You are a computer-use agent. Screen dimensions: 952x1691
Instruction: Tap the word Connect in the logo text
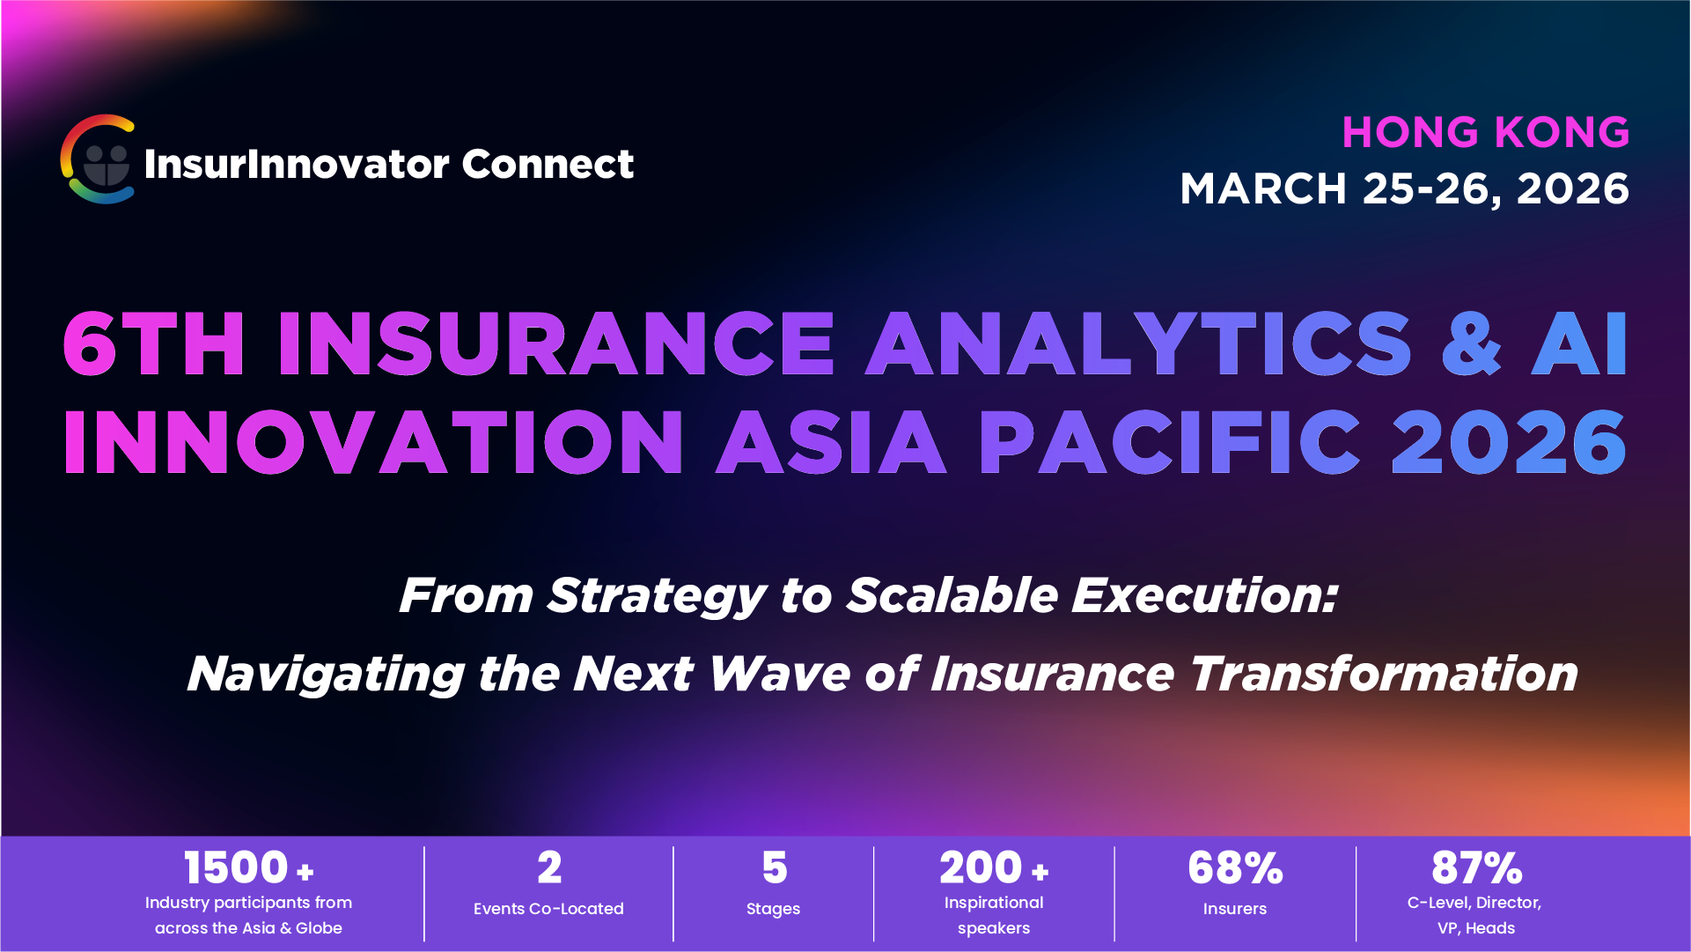pos(547,164)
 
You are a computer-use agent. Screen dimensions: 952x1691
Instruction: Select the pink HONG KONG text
pos(1485,133)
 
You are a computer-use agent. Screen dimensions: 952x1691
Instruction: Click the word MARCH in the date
pos(1263,189)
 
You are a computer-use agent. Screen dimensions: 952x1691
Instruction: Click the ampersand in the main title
pos(1471,344)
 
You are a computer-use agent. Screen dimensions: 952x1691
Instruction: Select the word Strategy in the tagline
pos(657,596)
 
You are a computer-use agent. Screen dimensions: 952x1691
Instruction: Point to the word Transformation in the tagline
pos(1383,675)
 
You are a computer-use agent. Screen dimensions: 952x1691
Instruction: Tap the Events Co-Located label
pos(548,909)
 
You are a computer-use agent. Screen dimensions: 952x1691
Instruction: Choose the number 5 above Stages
pos(774,868)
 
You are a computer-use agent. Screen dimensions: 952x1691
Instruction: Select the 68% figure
pos(1234,868)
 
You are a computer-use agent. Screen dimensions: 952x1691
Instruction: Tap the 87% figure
pos(1476,868)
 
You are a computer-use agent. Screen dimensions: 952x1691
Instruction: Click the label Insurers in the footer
pos(1234,909)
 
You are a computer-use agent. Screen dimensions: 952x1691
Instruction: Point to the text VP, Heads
pos(1476,928)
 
